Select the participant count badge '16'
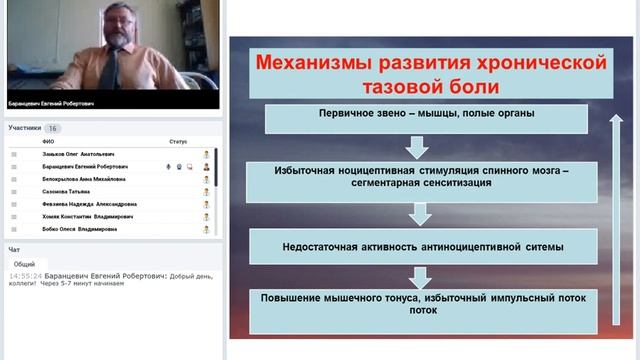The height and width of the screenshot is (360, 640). (53, 128)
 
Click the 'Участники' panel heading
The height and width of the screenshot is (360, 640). (25, 128)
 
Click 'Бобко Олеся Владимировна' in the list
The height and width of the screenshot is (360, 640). (79, 228)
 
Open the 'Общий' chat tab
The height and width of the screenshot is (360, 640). (24, 263)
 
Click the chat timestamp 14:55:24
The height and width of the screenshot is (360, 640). (25, 276)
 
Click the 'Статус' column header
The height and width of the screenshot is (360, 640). (178, 142)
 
